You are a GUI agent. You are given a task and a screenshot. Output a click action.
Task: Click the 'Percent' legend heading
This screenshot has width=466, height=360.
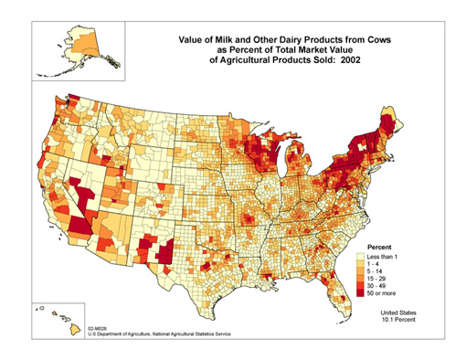380,248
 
